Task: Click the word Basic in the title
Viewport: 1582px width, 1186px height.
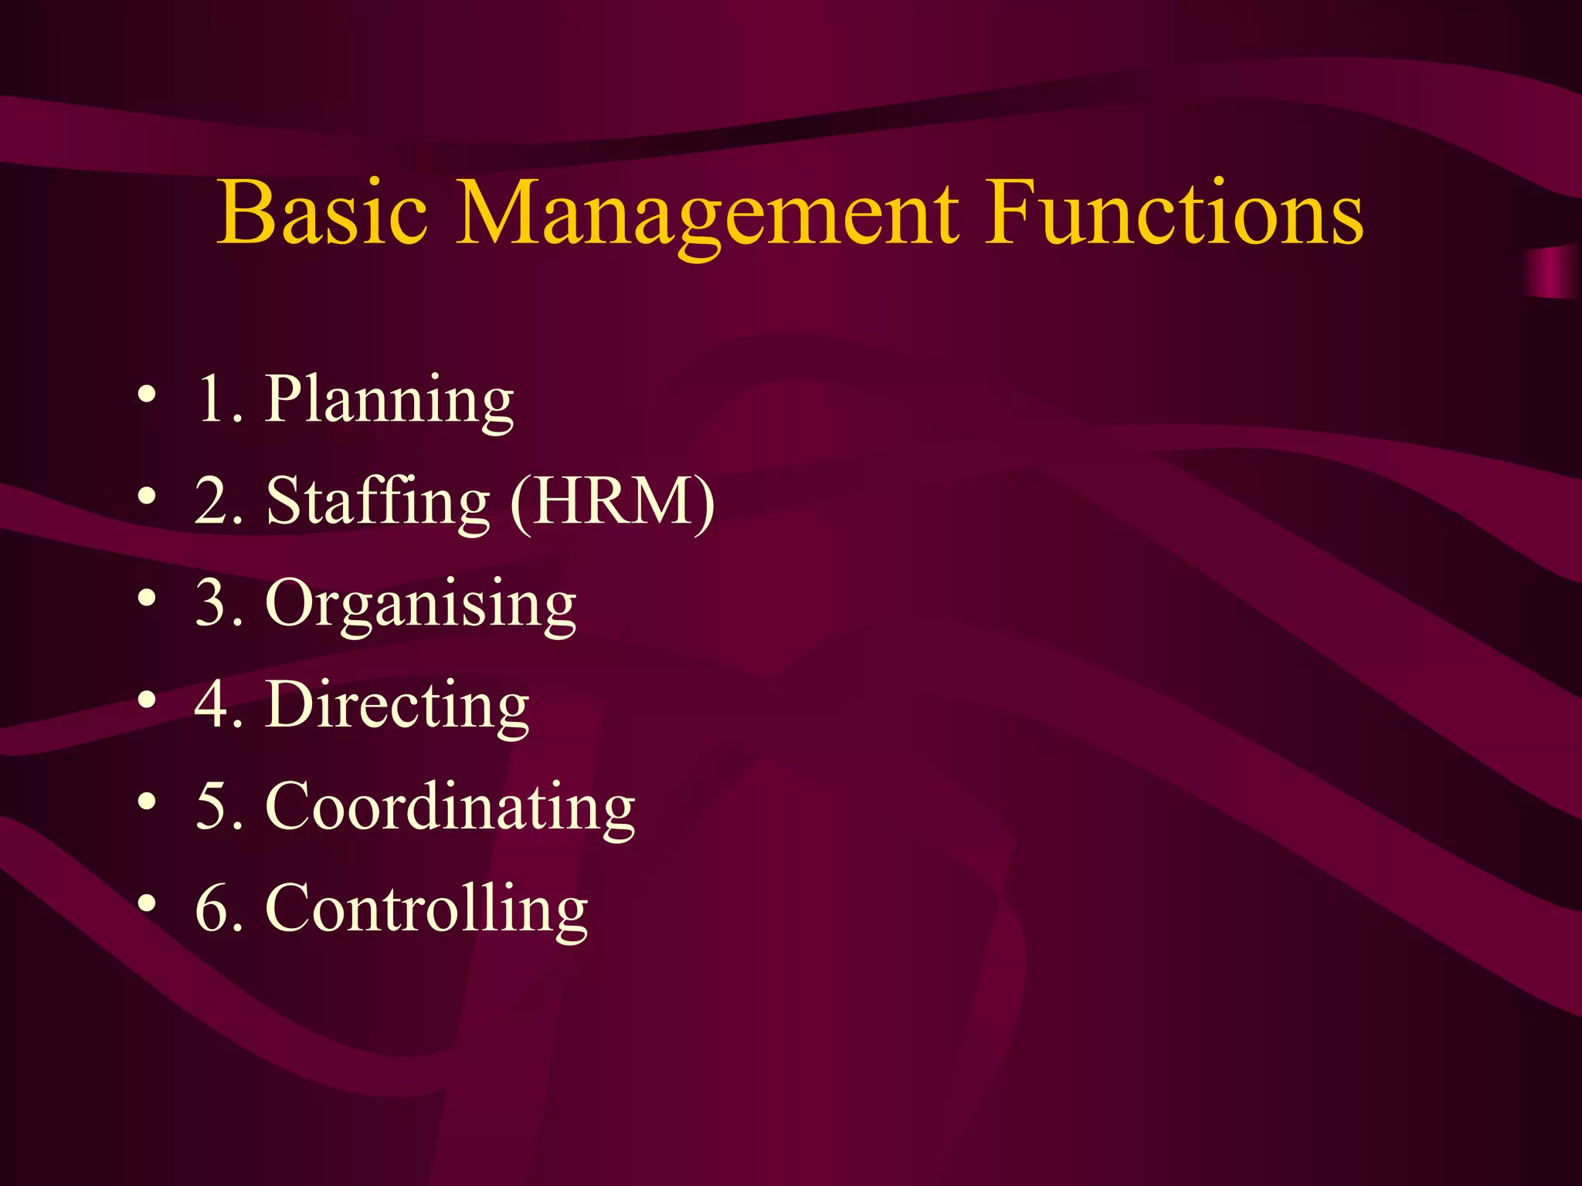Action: click(321, 212)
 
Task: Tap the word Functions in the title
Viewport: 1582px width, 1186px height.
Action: click(1174, 212)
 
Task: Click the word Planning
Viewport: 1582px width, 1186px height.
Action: click(389, 401)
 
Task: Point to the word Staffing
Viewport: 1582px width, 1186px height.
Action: click(378, 503)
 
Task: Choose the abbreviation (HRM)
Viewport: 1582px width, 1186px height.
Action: click(613, 501)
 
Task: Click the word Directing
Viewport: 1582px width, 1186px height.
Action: click(397, 706)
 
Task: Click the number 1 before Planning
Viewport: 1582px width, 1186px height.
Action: click(212, 399)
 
